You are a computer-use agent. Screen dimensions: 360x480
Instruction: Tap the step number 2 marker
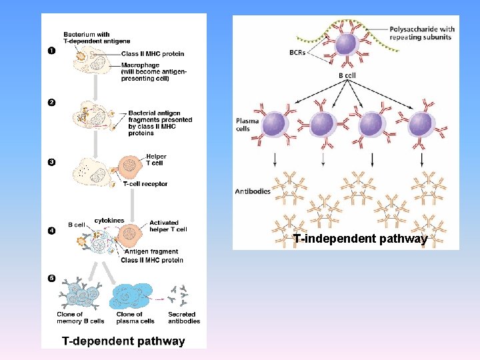click(x=51, y=102)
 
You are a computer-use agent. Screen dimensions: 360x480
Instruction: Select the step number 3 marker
click(x=51, y=161)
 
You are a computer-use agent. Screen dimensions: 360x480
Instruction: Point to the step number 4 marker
click(x=51, y=231)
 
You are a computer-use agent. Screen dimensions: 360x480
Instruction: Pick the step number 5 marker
click(x=51, y=277)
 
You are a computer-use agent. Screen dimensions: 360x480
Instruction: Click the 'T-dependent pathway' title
click(x=123, y=341)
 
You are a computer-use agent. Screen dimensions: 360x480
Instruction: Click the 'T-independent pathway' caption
click(x=360, y=239)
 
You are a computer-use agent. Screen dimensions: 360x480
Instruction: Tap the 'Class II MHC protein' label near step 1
click(x=153, y=54)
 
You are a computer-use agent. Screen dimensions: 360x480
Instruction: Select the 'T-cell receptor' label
click(x=145, y=184)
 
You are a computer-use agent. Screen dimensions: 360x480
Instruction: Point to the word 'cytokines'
click(x=109, y=220)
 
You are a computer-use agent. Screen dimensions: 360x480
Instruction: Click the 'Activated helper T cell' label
click(x=168, y=226)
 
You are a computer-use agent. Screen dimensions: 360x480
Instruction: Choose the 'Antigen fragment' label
click(x=151, y=251)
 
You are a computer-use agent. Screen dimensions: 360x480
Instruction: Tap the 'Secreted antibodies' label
click(x=183, y=317)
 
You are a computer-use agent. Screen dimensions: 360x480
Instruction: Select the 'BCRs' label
click(x=297, y=53)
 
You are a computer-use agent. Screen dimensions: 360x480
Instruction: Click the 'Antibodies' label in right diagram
click(x=253, y=191)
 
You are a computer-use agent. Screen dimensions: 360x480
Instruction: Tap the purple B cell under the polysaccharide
click(x=345, y=44)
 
